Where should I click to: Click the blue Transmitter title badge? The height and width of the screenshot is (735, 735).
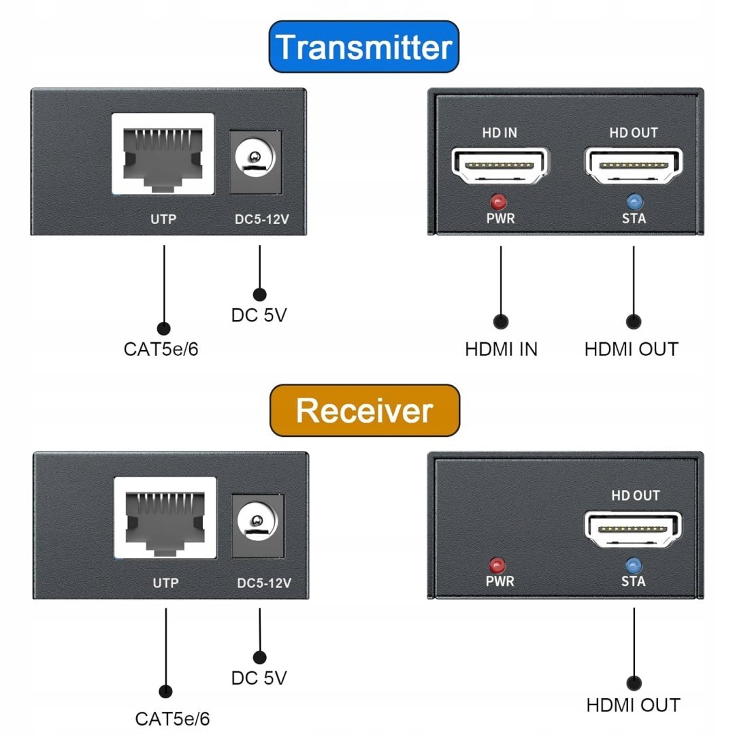coord(364,47)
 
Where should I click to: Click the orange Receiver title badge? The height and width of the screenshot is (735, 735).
coord(364,410)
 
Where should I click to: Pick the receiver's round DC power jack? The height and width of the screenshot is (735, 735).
coord(258,523)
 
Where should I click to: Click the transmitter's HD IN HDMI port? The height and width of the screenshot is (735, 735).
coord(500,165)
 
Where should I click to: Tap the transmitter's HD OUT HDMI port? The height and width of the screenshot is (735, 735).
coord(634,165)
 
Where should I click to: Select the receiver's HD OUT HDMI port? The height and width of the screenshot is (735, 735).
coord(634,528)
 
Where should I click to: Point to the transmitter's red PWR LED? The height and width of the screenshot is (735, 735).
coord(500,201)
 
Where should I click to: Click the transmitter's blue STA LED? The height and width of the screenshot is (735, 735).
coord(634,201)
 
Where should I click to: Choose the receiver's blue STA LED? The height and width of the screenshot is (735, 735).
coord(634,565)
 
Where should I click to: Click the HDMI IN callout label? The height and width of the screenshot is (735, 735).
coord(501,349)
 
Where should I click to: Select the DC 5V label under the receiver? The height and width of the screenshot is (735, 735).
coord(259,678)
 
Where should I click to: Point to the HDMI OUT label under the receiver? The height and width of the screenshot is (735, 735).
coord(633,705)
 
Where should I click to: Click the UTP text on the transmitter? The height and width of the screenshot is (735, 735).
coord(163,220)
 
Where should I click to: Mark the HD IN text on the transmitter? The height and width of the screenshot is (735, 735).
coord(500,133)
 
